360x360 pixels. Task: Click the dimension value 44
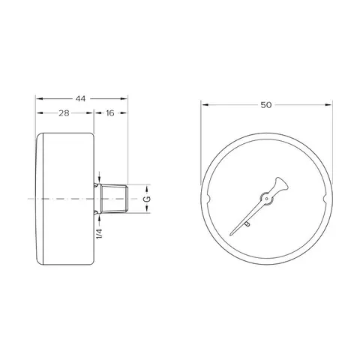tap(80, 99)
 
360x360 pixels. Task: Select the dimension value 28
tap(64, 113)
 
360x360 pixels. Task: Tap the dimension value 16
tap(109, 113)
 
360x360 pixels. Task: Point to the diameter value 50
tap(266, 105)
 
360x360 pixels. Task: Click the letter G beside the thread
tap(148, 199)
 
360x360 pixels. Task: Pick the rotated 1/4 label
tap(99, 233)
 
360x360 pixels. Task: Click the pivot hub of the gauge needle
tap(266, 199)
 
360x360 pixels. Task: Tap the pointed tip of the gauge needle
tap(230, 235)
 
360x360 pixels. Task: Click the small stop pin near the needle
tap(247, 224)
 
